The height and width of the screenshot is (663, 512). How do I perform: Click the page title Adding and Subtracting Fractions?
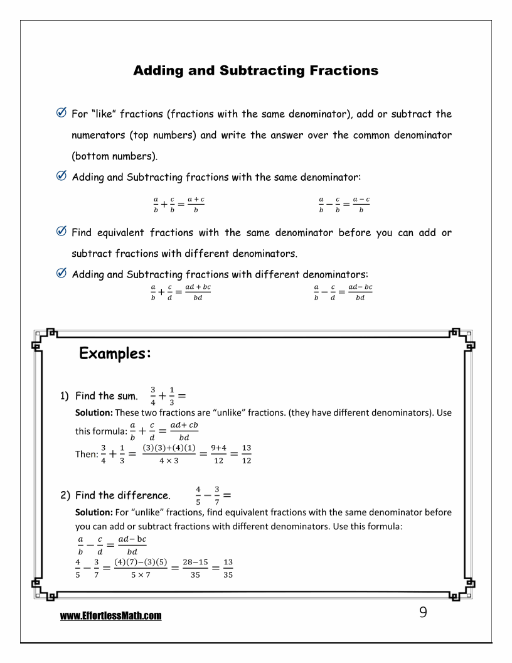pyautogui.click(x=256, y=70)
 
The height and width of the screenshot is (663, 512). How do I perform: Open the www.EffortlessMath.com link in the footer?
pyautogui.click(x=111, y=617)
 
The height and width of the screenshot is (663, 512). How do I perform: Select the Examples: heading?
pyautogui.click(x=115, y=353)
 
